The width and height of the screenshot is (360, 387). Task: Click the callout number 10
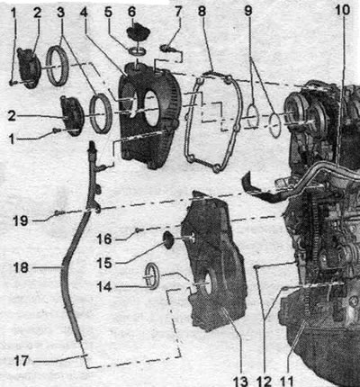pyautogui.click(x=343, y=10)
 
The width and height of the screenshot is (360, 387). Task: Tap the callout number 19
pyautogui.click(x=21, y=221)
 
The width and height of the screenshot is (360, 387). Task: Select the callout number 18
pyautogui.click(x=21, y=267)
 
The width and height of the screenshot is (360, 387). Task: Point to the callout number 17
pyautogui.click(x=22, y=361)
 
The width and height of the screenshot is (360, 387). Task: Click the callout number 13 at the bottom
pyautogui.click(x=240, y=382)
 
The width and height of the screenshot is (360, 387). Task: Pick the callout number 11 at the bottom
pyautogui.click(x=286, y=382)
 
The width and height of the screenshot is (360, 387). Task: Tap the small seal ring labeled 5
pyautogui.click(x=138, y=51)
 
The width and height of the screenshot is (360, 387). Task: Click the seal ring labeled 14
pyautogui.click(x=152, y=276)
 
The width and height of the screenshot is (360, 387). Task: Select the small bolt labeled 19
pyautogui.click(x=58, y=213)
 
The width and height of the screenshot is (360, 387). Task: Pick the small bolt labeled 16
pyautogui.click(x=139, y=230)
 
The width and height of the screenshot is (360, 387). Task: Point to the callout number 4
pyautogui.click(x=85, y=12)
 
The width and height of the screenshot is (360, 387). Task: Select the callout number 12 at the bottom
pyautogui.click(x=264, y=382)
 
